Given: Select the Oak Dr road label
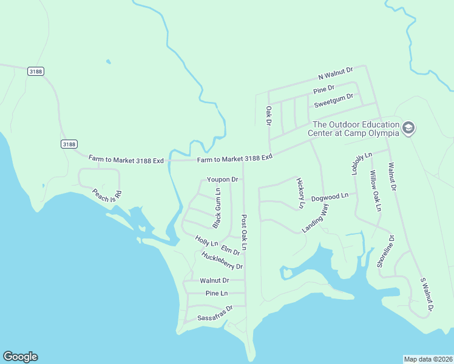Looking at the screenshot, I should [x=268, y=116].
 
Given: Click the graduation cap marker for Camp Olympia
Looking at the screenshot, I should [x=408, y=128].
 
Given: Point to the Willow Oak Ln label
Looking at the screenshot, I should [x=375, y=190].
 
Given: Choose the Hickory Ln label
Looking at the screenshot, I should [x=300, y=193].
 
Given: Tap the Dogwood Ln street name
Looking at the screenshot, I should [x=330, y=197].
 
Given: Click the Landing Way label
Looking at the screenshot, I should [x=315, y=218].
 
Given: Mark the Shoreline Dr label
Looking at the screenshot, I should [x=385, y=251].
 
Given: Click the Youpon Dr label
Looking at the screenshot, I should [x=222, y=180].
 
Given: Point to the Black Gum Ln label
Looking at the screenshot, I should [x=217, y=208].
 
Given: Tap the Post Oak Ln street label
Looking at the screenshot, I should [x=244, y=232].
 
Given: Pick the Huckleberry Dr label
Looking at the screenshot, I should [x=222, y=261].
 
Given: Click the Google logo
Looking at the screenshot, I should [x=20, y=357].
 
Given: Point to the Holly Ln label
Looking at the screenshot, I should [x=202, y=240].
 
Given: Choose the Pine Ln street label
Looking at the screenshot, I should [x=216, y=293].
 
